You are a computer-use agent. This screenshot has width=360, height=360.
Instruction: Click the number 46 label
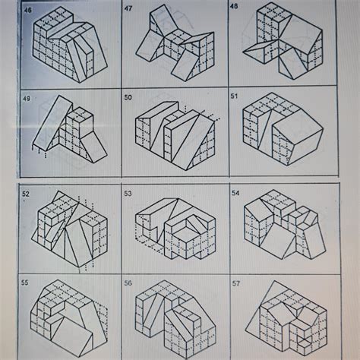click(28, 10)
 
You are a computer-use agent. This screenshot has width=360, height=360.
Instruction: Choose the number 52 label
click(26, 194)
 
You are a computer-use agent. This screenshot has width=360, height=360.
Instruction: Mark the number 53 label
click(128, 194)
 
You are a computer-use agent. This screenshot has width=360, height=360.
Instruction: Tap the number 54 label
click(235, 194)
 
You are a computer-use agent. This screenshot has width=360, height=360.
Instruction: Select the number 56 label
click(128, 282)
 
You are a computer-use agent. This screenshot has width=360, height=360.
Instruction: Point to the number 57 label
click(235, 282)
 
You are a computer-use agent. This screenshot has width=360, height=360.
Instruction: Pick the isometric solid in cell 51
click(281, 133)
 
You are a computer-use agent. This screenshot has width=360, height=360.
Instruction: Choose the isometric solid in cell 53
click(172, 228)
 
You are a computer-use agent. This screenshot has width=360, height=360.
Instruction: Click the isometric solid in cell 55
click(65, 319)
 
